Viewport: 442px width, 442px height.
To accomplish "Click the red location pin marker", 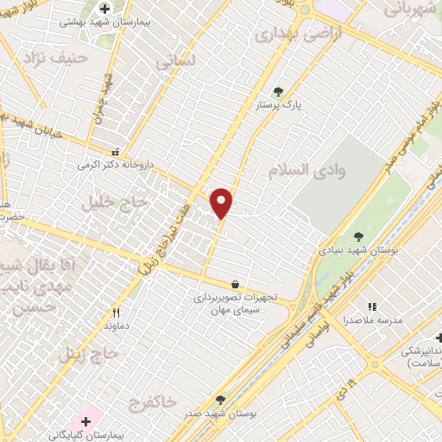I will [222, 203].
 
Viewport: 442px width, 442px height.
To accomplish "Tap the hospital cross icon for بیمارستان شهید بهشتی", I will [104, 9].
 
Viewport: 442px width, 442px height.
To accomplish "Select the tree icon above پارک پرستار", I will [277, 91].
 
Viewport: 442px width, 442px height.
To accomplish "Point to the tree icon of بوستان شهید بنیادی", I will [358, 237].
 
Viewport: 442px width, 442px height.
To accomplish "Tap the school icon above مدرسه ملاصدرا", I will [372, 306].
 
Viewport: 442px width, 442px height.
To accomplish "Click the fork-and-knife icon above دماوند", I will [116, 313].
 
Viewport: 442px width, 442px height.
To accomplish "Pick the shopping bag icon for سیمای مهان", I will [235, 283].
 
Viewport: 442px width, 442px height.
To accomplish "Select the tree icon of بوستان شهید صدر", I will [220, 400].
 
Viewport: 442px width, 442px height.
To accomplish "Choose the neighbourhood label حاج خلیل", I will [116, 202].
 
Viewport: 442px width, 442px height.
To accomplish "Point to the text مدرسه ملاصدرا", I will [372, 320].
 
